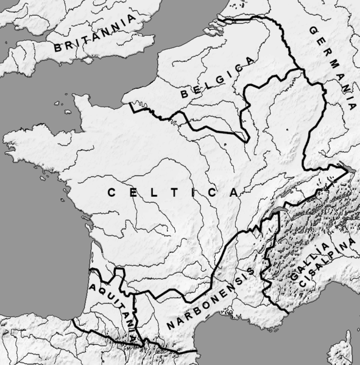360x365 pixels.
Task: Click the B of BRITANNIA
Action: point(58,48)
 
